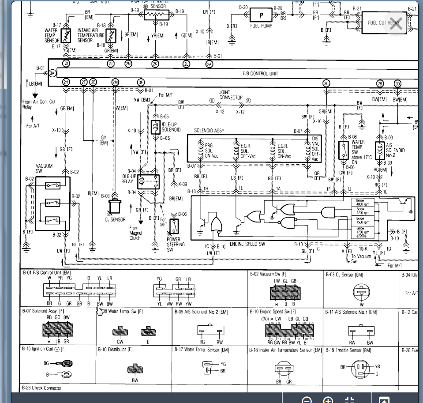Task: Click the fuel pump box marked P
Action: point(262,15)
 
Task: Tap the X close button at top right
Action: point(396,24)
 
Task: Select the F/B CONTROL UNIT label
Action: point(261,73)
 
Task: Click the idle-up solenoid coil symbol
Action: point(155,127)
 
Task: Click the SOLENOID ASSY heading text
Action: point(211,131)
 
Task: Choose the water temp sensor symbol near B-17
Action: point(67,35)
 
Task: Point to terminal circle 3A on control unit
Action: point(52,73)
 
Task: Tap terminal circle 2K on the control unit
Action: point(155,64)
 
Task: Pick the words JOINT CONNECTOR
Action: point(231,95)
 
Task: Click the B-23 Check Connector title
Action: point(41,388)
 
